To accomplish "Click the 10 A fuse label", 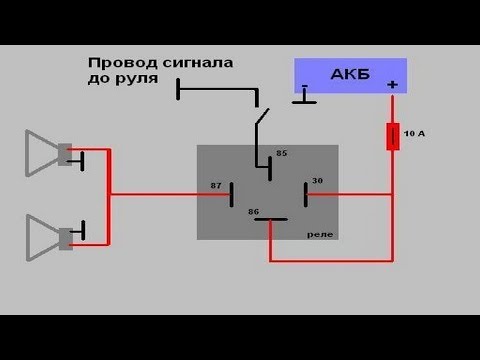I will click(x=412, y=132).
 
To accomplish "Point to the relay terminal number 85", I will click(x=281, y=153).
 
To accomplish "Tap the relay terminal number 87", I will click(x=217, y=186).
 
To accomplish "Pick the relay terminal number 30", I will click(x=318, y=180).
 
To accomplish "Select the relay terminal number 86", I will click(x=254, y=212).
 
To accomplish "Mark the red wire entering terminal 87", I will click(x=170, y=194).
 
